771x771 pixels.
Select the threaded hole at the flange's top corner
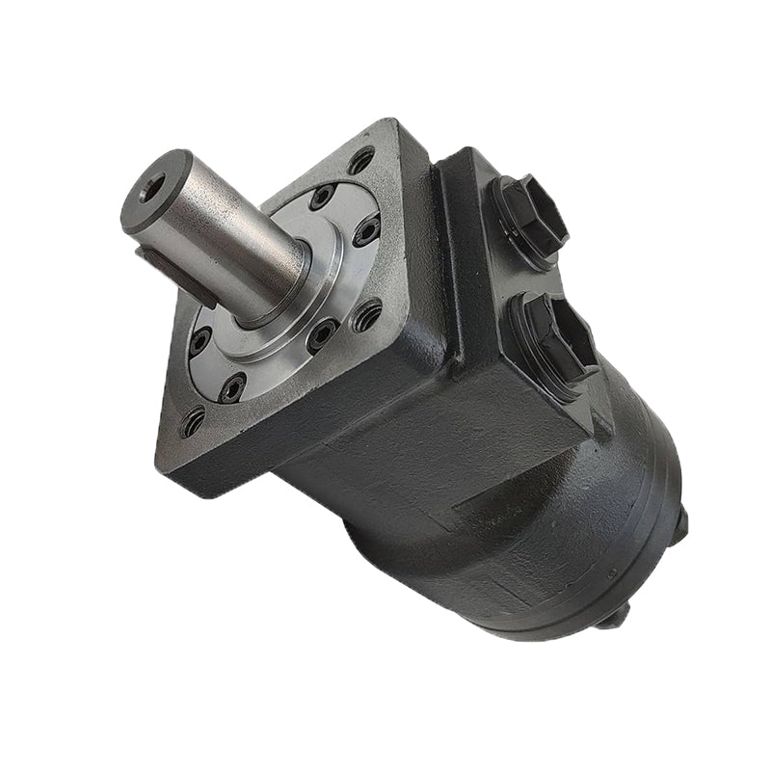(x=361, y=160)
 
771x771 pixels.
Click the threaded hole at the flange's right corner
(x=366, y=315)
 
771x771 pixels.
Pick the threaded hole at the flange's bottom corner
(x=193, y=421)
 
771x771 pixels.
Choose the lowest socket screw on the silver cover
(x=232, y=388)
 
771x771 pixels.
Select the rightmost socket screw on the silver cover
(x=366, y=230)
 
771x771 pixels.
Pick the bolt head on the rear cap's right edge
(x=682, y=521)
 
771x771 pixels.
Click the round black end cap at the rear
(x=617, y=540)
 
